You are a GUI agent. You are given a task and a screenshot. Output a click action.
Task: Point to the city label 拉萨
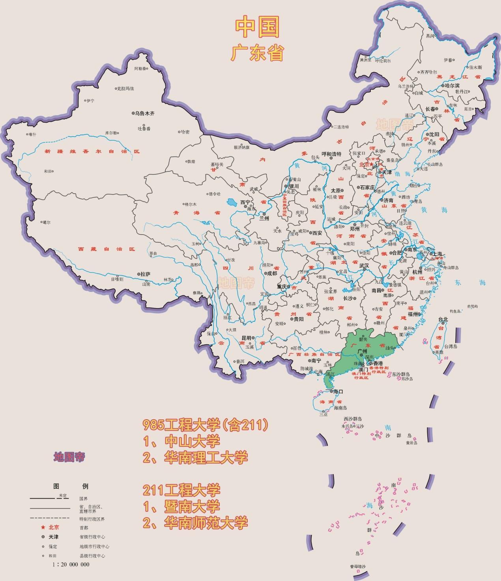[x=146, y=274]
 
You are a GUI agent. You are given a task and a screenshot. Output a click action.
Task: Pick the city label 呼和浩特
[x=331, y=154]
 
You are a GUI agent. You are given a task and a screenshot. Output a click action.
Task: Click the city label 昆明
[x=246, y=338]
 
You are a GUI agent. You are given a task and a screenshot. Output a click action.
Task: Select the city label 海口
[x=338, y=392]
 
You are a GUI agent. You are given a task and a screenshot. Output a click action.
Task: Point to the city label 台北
[x=443, y=319]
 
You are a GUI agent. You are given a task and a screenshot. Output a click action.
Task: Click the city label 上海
[x=437, y=254]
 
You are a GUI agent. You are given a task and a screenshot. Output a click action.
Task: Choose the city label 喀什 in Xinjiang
[x=32, y=135]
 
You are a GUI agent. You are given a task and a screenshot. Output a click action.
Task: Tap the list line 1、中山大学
[x=181, y=441]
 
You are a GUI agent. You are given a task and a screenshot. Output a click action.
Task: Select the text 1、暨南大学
[x=181, y=506]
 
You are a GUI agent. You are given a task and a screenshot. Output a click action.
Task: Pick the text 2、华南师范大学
[x=195, y=523]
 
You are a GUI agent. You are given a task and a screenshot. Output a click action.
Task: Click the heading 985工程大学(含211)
[x=206, y=425]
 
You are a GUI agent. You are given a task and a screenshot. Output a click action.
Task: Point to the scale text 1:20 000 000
[x=71, y=564]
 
